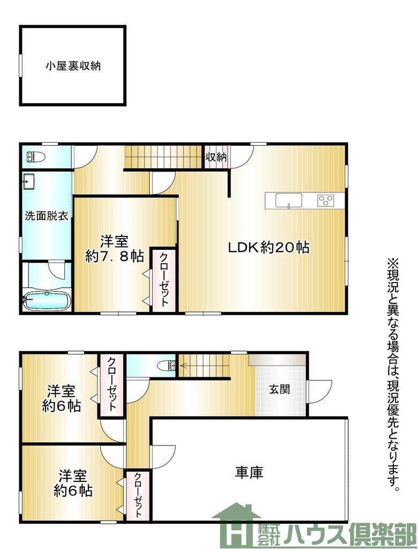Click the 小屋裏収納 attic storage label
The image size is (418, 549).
(x=73, y=66)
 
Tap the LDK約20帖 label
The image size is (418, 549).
(x=269, y=248)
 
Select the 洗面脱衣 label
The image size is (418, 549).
(x=46, y=216)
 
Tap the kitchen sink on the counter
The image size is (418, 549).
(x=289, y=201)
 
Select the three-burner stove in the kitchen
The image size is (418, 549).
(x=326, y=201)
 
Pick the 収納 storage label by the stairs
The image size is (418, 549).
(x=216, y=157)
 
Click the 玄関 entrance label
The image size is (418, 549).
(x=279, y=389)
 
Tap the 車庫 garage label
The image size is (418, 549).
(x=249, y=472)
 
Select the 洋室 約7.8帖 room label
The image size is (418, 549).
(x=115, y=249)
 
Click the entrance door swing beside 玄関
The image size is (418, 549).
(x=319, y=392)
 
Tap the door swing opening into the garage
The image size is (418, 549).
(x=163, y=457)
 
